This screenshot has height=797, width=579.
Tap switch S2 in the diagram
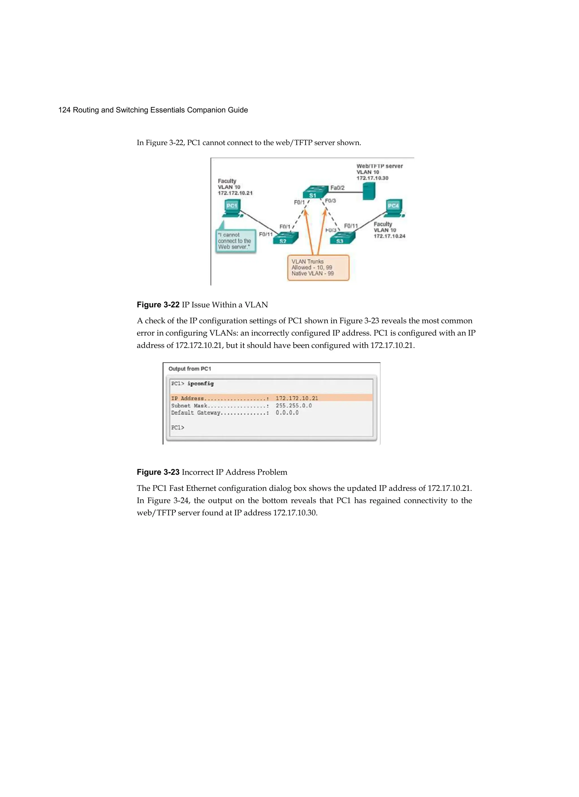coord(285,238)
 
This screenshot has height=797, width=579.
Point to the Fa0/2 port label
coord(337,188)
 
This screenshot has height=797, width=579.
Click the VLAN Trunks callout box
coord(318,268)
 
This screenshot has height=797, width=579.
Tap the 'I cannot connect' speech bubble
coord(235,241)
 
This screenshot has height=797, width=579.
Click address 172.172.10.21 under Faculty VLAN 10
coord(235,193)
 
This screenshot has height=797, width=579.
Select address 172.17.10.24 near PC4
coord(389,236)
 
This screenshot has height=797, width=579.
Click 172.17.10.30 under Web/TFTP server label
coord(372,178)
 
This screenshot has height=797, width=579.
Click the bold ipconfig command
coord(200,384)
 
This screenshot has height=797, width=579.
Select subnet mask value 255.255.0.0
coord(293,406)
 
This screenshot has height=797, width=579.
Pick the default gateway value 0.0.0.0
coord(287,413)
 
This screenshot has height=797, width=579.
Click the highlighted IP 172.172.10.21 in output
coord(297,398)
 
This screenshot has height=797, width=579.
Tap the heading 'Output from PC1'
coord(190,369)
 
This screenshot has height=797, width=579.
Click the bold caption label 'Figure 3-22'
coord(158,305)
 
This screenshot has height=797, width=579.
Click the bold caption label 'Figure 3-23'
coord(158,472)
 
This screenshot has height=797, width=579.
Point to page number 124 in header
coord(64,110)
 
